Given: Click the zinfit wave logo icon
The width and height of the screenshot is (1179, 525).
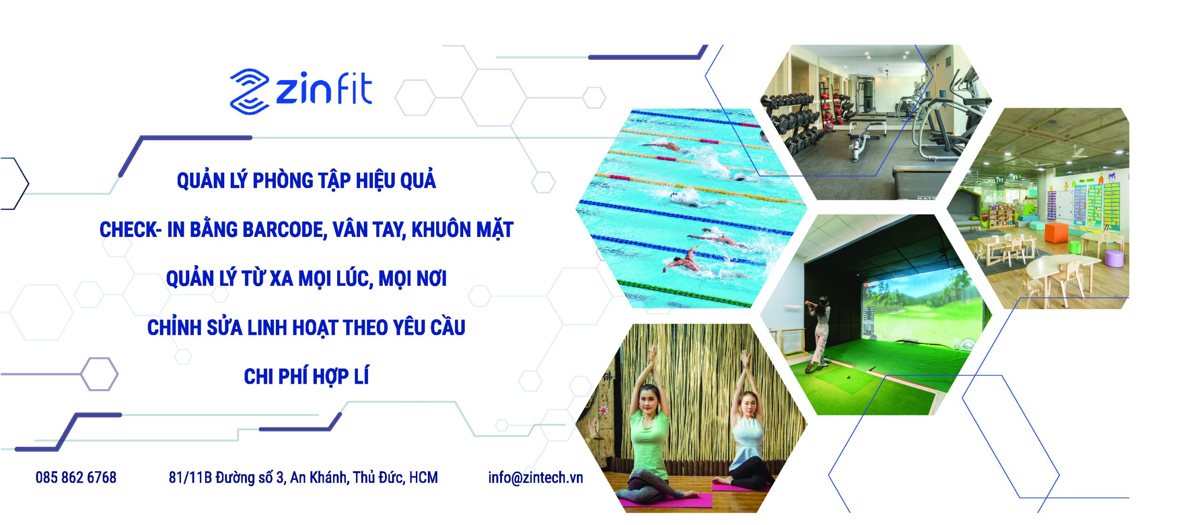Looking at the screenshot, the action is click(249, 91).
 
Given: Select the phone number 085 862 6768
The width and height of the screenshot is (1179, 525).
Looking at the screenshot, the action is click(76, 478).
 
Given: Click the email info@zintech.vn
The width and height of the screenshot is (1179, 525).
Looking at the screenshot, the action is click(536, 478).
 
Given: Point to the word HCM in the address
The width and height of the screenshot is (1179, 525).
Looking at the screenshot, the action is click(423, 478).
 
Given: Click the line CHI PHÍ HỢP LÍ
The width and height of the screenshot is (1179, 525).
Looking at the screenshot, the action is click(306, 376).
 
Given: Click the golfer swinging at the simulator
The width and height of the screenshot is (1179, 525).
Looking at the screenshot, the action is click(817, 334).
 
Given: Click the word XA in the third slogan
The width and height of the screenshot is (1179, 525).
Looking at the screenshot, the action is click(281, 279).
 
